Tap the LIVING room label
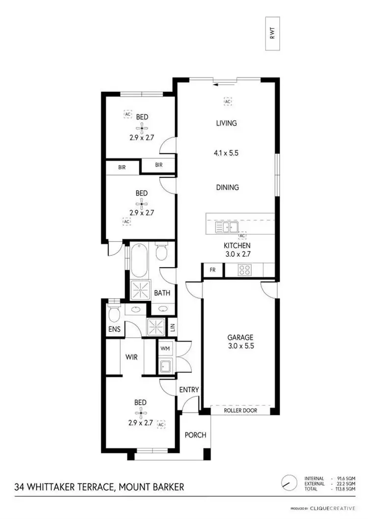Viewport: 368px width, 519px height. point(226,123)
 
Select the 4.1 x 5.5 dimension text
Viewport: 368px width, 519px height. point(226,153)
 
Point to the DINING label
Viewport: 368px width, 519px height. point(226,187)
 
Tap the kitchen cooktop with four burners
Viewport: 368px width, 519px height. point(245,270)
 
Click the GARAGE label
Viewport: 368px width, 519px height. point(240,337)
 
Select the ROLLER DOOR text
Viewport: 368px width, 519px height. point(240,410)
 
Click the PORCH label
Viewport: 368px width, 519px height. point(195,435)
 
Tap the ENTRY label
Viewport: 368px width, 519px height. point(189,390)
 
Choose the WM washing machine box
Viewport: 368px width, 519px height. point(164,347)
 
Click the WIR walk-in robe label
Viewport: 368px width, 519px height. point(131,357)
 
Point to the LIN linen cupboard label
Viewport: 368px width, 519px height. point(172,326)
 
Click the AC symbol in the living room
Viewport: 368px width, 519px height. point(228,101)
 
